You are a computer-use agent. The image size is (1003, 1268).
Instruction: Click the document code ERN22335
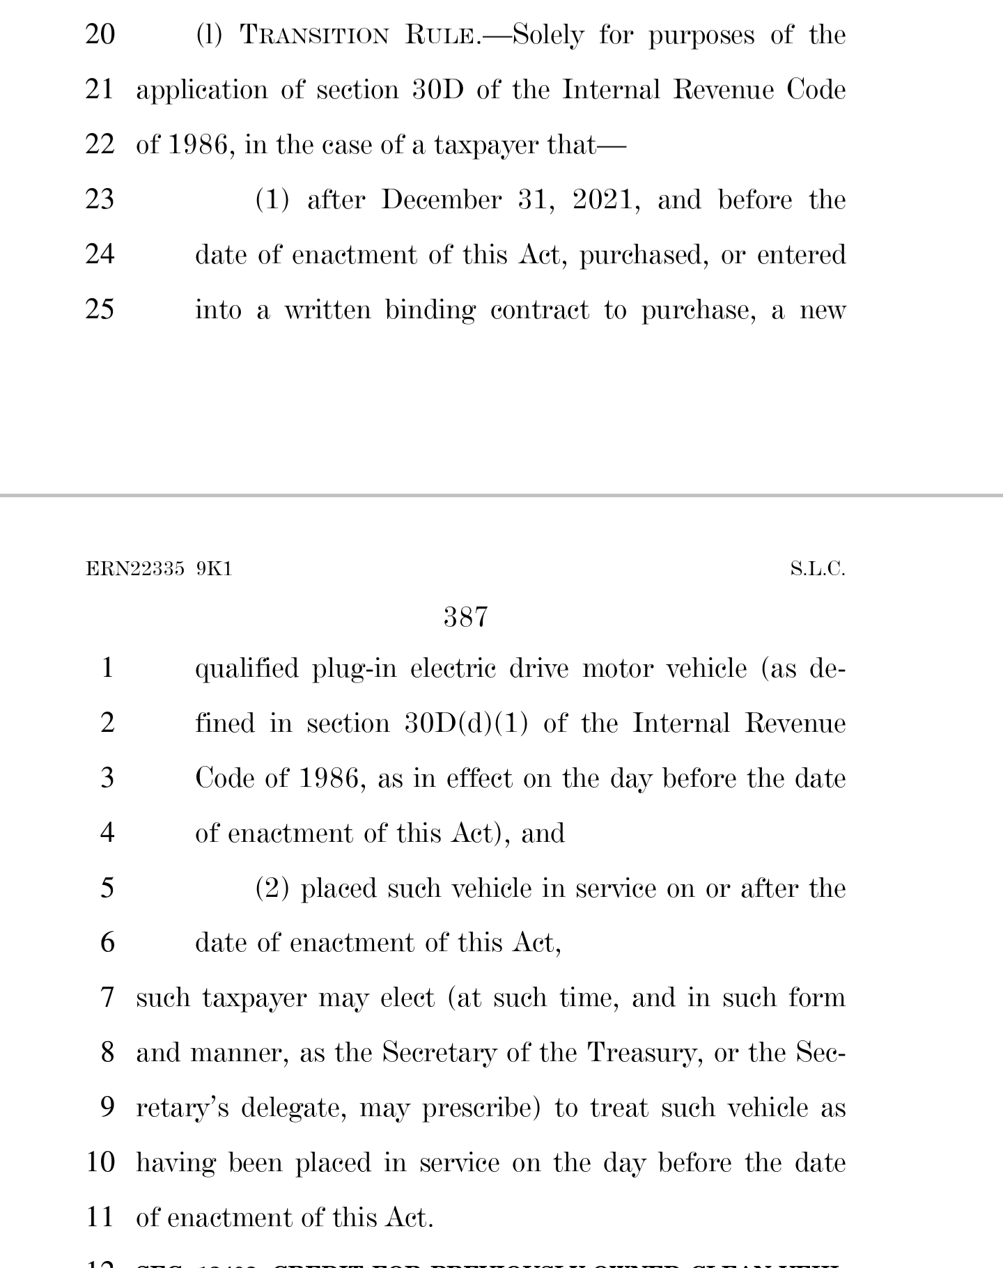pos(135,569)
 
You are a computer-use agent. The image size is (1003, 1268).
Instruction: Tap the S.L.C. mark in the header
pos(817,569)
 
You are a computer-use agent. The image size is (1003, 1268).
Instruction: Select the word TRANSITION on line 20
pos(314,35)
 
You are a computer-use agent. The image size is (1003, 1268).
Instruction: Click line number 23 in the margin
pos(100,199)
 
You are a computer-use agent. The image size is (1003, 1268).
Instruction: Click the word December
pos(441,200)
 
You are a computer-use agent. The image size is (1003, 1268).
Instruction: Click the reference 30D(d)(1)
pos(466,723)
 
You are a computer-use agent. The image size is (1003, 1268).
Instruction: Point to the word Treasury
pos(645,1053)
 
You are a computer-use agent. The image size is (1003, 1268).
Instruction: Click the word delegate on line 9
pos(293,1108)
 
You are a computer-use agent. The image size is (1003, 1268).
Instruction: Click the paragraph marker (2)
pos(272,889)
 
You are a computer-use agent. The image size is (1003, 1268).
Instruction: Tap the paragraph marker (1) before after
pos(272,200)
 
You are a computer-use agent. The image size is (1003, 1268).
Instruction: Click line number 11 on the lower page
pos(100,1217)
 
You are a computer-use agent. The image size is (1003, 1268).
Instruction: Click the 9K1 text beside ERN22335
pos(214,569)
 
